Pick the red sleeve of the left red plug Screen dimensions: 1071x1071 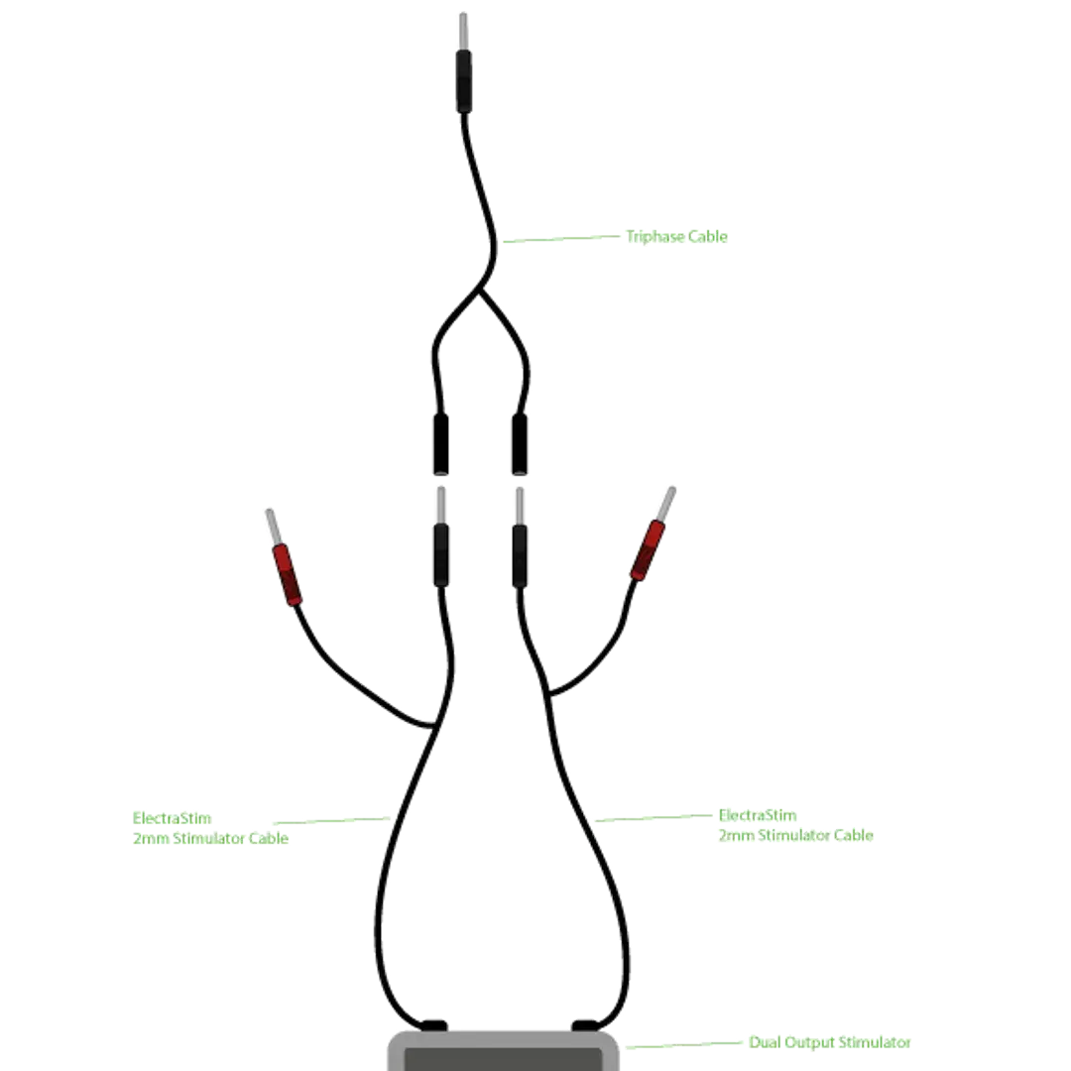(287, 574)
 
